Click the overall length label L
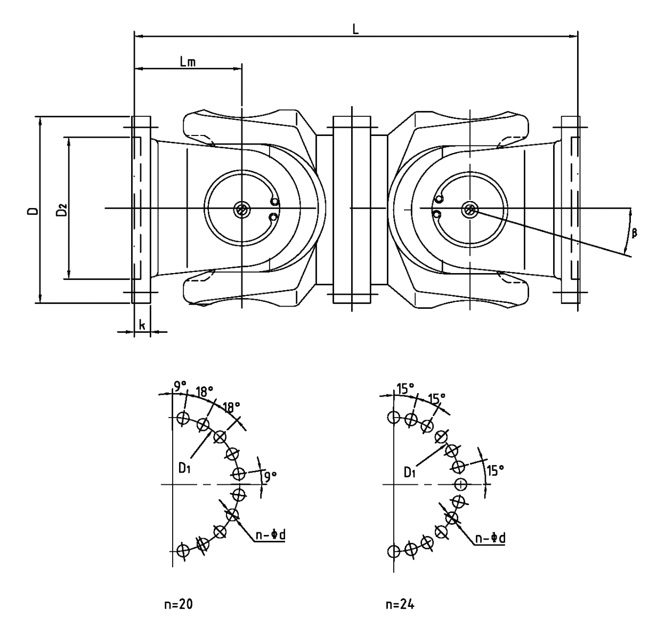click(355, 29)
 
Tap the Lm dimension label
click(188, 62)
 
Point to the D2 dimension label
click(62, 210)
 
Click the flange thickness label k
click(142, 324)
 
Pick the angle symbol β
click(634, 233)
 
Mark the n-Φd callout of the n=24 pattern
click(490, 539)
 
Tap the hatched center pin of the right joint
click(470, 210)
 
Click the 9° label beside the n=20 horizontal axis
click(270, 476)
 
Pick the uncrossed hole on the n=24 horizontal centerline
click(461, 484)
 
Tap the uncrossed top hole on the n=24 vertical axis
click(394, 417)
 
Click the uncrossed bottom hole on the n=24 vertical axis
click(394, 551)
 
